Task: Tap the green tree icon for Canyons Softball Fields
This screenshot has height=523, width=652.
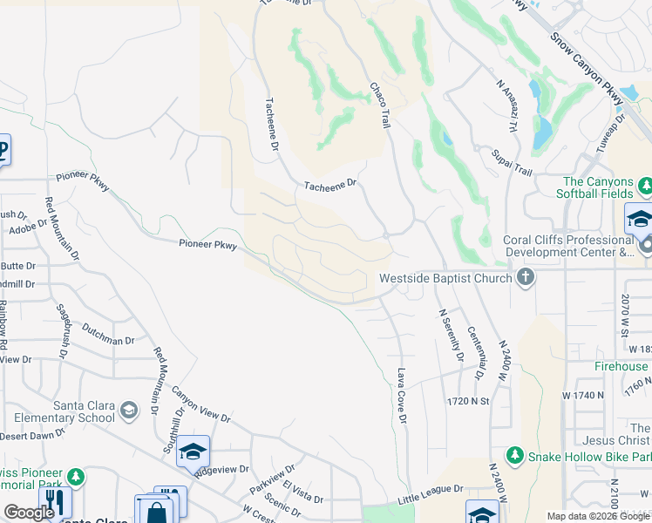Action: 645,186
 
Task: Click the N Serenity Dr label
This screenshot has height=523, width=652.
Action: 451,335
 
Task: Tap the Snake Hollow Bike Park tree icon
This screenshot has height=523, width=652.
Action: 515,456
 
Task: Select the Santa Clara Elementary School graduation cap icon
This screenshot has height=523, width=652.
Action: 129,410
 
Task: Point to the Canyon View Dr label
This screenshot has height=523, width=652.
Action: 200,405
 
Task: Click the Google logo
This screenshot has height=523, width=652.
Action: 29,513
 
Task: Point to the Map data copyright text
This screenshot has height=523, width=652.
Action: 598,516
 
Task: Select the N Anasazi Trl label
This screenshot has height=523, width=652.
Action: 507,105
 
